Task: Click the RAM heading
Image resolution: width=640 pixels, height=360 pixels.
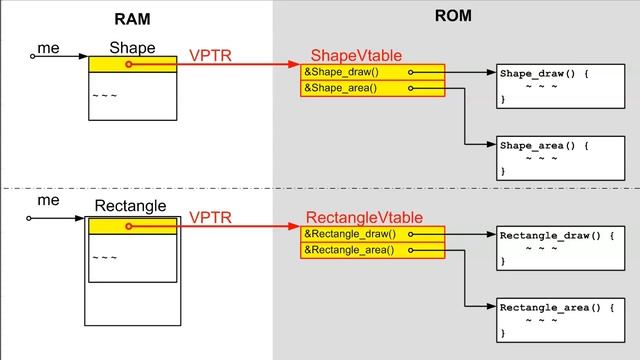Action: (132, 18)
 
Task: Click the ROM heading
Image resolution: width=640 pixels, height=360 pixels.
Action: (453, 16)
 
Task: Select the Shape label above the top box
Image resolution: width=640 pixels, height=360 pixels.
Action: (132, 47)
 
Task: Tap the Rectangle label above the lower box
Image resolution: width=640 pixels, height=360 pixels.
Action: (130, 206)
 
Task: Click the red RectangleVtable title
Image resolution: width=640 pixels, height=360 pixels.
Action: (363, 217)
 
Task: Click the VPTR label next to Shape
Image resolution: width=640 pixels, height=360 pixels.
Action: (210, 56)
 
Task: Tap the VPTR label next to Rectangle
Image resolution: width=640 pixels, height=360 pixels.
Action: (210, 217)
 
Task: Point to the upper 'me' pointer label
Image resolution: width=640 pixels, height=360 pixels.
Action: (47, 47)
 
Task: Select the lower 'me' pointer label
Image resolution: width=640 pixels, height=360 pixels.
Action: (47, 200)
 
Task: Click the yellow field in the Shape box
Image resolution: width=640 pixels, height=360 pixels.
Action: (132, 64)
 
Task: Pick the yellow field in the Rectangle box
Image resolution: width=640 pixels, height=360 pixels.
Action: (132, 227)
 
